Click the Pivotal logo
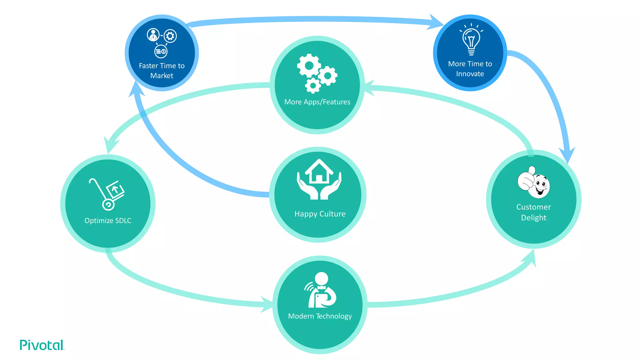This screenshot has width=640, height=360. pos(42,345)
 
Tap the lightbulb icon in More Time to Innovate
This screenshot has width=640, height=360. pos(471,41)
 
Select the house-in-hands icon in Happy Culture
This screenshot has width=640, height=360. pos(319,180)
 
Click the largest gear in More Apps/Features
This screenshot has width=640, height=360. pos(309,66)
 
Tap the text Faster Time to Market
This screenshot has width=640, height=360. pos(162,71)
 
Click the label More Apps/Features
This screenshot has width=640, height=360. pos(317,102)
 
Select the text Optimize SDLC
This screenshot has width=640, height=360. pos(108,221)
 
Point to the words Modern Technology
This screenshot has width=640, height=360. pos(320,316)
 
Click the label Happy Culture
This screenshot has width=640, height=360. pos(320,214)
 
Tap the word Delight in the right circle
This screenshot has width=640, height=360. pos(533,218)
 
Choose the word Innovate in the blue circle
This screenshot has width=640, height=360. pos(470,74)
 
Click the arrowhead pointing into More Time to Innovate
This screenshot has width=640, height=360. pos(436,22)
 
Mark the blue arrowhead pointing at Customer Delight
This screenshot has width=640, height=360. pos(567,155)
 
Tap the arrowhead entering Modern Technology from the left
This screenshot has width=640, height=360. pos(267,304)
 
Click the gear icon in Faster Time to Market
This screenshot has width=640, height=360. pos(170,36)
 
